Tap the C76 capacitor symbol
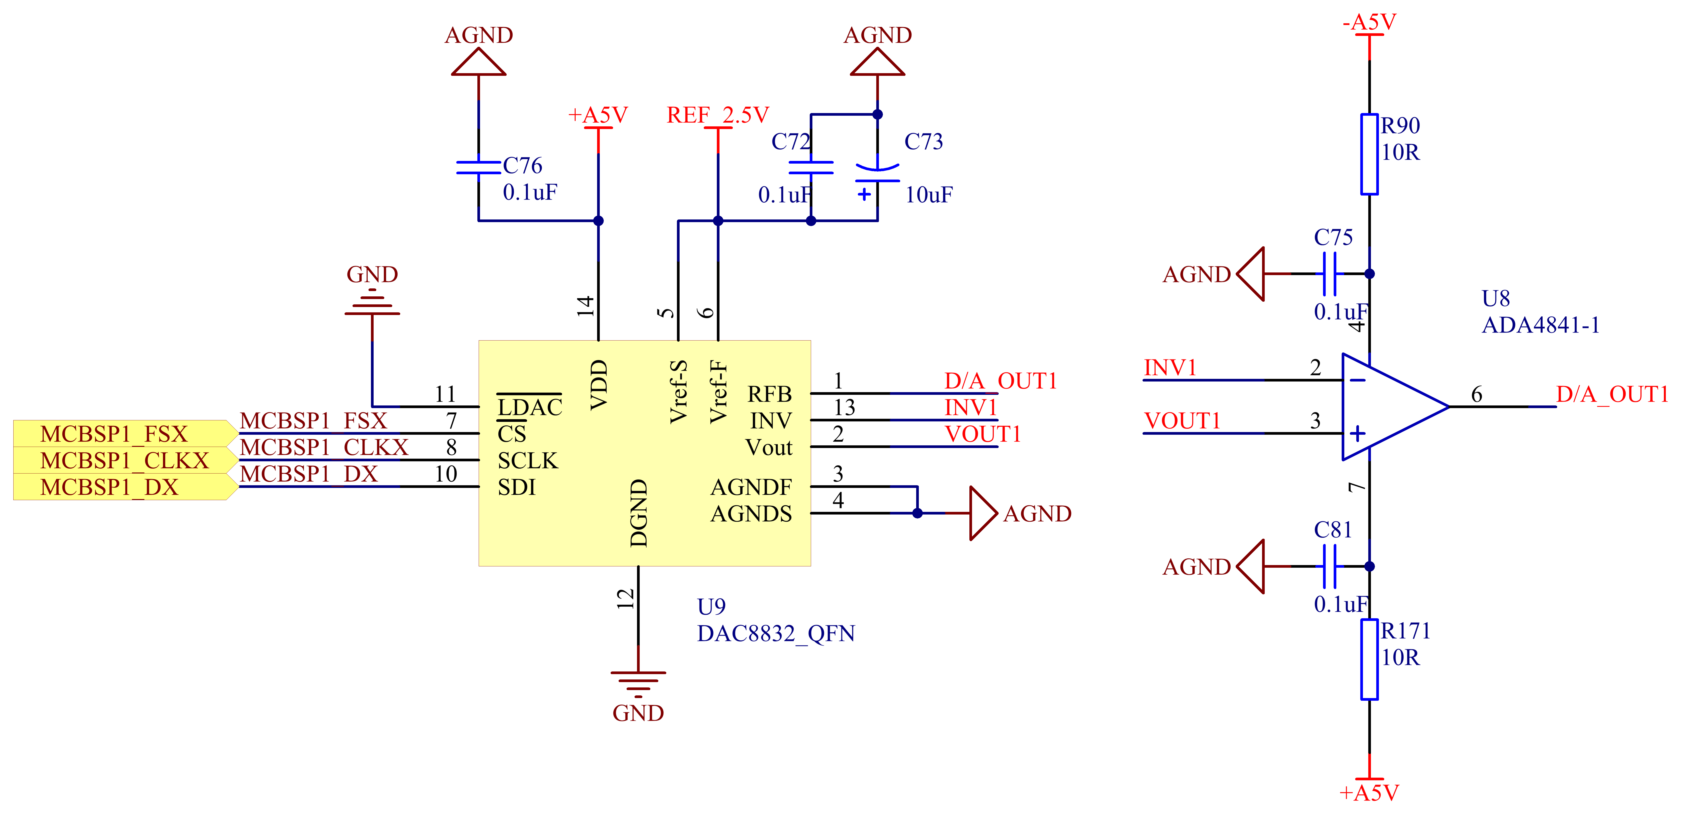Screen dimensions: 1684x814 478,167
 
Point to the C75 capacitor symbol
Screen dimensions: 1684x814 1329,274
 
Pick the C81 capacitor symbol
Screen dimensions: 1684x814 1329,566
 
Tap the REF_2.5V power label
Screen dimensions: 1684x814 717,115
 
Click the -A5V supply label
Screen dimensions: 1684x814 1369,22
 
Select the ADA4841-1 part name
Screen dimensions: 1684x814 1540,325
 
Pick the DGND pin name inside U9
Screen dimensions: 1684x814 639,513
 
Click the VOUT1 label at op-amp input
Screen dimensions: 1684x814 1182,421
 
